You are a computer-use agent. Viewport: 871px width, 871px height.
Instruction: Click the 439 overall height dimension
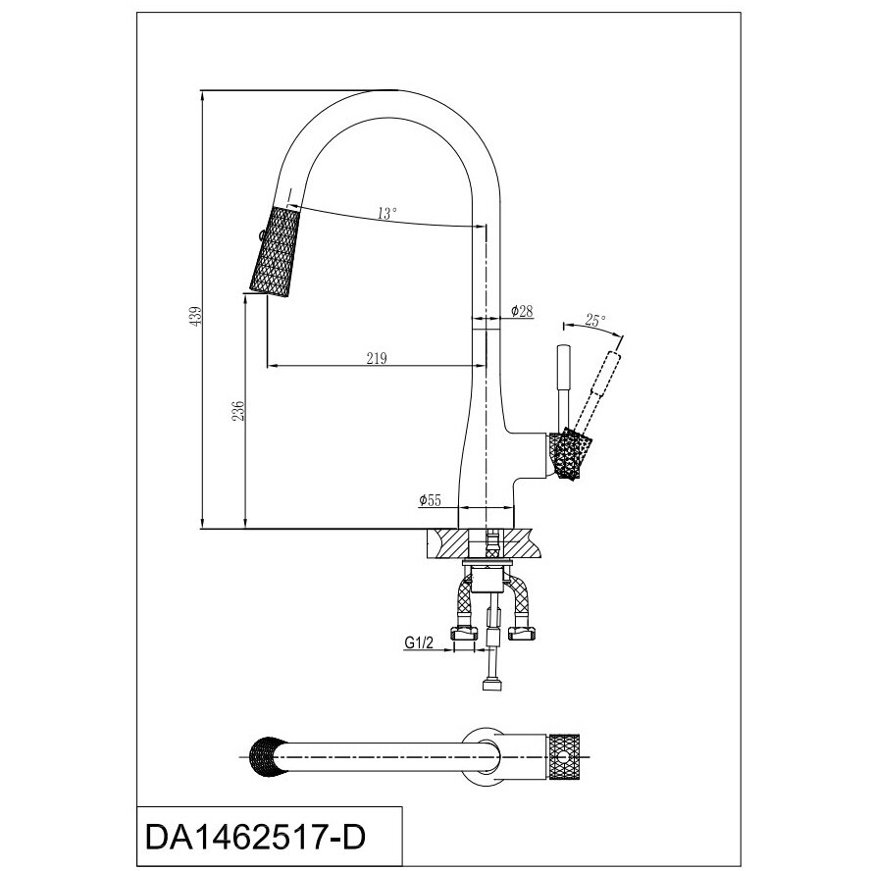coord(195,316)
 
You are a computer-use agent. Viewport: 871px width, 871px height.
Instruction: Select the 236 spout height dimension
coord(236,410)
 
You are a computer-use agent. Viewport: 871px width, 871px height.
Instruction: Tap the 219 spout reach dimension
coord(375,358)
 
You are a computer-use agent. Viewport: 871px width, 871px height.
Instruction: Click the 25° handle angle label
coord(594,321)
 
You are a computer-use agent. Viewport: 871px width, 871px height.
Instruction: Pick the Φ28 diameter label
coord(521,311)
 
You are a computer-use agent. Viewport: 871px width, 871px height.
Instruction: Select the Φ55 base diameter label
coord(430,500)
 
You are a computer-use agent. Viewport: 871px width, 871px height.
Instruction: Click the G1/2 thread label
coord(420,643)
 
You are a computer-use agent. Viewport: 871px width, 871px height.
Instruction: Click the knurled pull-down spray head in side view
coord(275,251)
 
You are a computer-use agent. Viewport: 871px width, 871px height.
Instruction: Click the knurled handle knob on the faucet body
coord(568,456)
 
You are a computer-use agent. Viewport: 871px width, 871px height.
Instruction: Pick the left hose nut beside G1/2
coord(463,633)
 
